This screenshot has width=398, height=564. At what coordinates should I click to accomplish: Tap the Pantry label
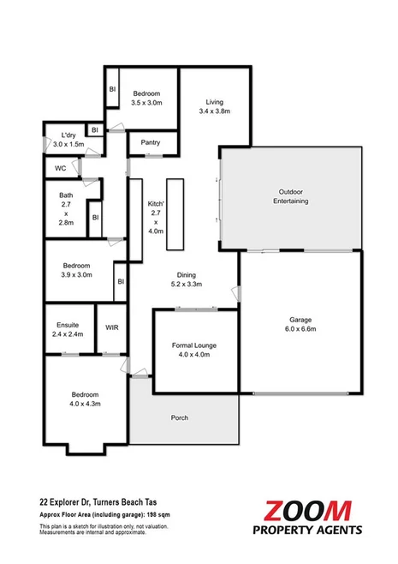(x=151, y=142)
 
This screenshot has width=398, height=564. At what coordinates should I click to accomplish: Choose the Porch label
(x=179, y=417)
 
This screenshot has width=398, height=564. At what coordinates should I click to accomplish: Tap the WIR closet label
(x=111, y=327)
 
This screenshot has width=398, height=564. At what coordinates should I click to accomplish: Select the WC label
(x=61, y=169)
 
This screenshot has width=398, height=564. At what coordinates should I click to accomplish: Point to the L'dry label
(x=70, y=135)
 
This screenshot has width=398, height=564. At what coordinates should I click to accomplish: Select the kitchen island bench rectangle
(x=175, y=212)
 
